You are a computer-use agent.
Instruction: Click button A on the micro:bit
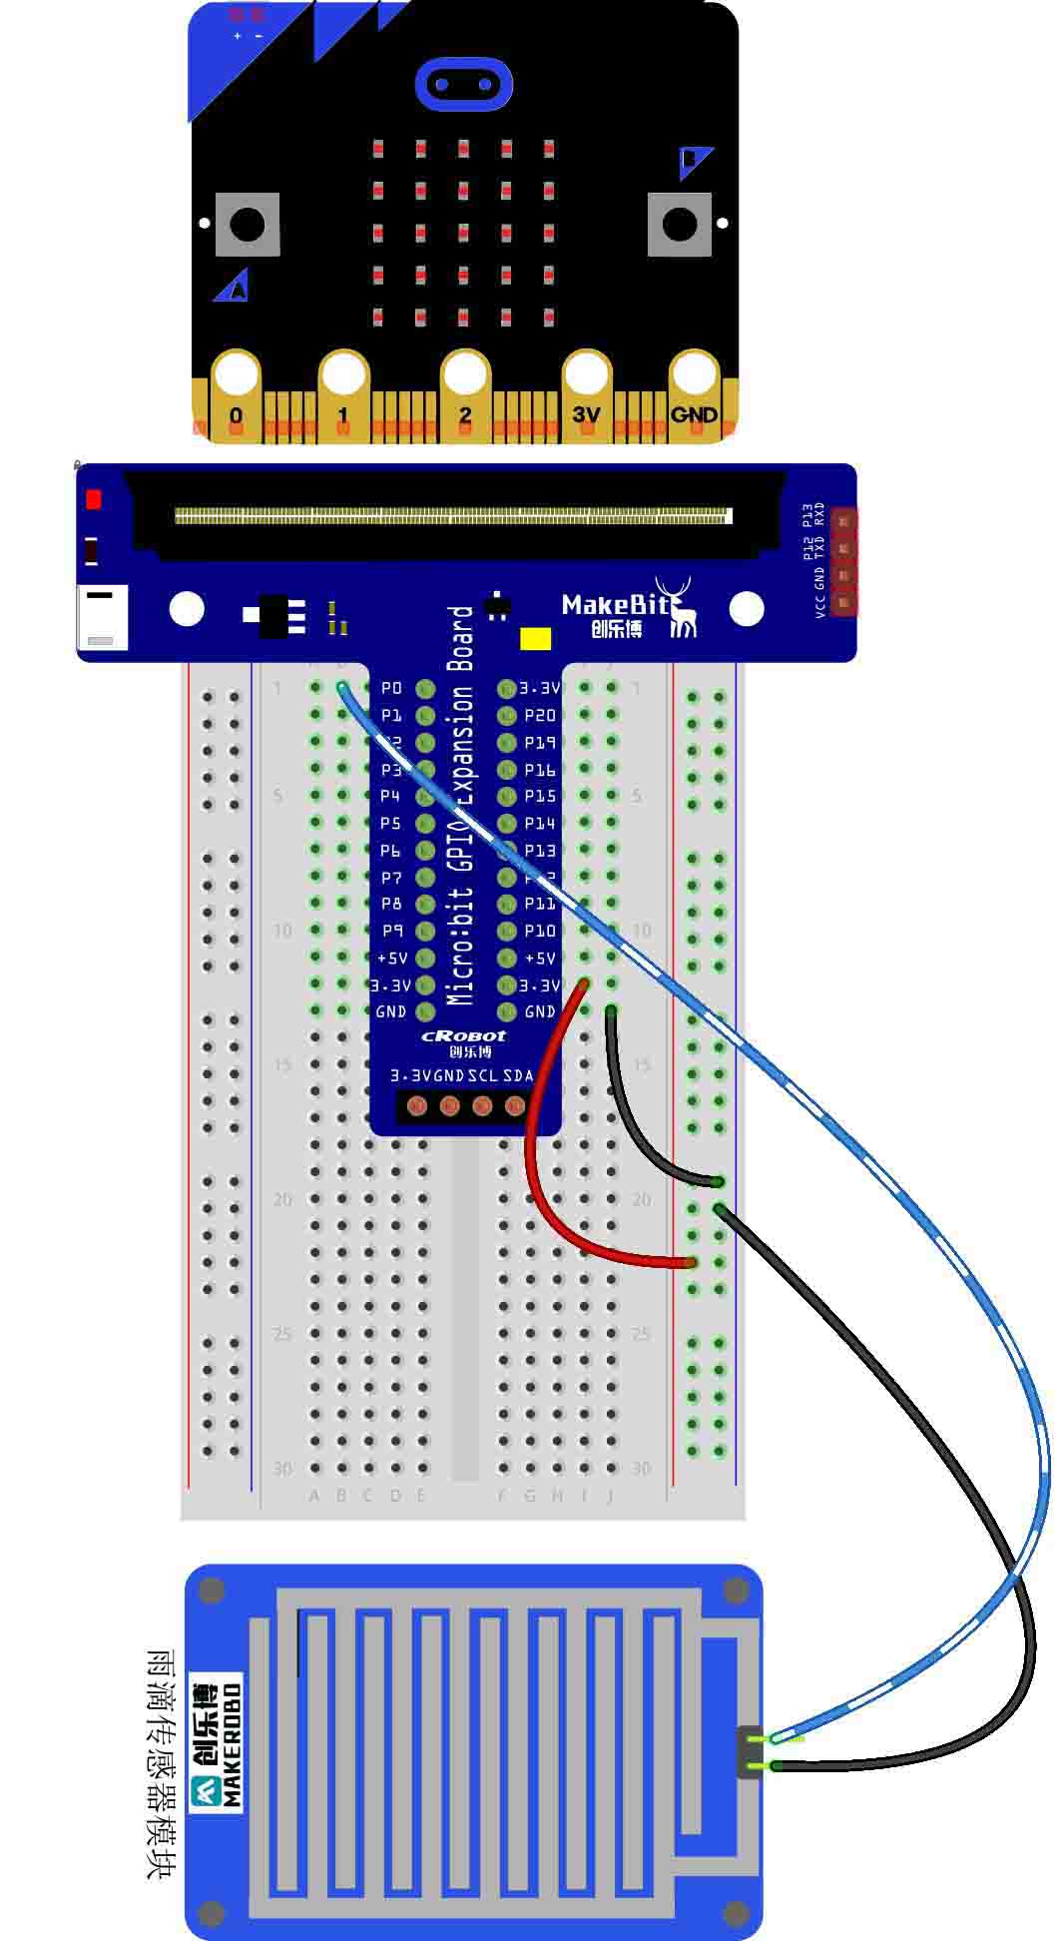(x=248, y=224)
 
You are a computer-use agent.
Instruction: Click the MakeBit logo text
(x=615, y=604)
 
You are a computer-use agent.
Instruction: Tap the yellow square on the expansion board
(x=535, y=639)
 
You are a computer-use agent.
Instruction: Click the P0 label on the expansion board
(x=391, y=688)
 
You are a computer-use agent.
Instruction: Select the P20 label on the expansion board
(x=540, y=715)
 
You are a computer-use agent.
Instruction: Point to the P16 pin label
(x=540, y=770)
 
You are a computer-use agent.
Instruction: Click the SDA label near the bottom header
(x=517, y=1075)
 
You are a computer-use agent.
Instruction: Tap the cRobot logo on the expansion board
(x=463, y=1036)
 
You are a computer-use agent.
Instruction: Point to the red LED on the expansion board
(x=94, y=499)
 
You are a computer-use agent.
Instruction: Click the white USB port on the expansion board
(x=102, y=617)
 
